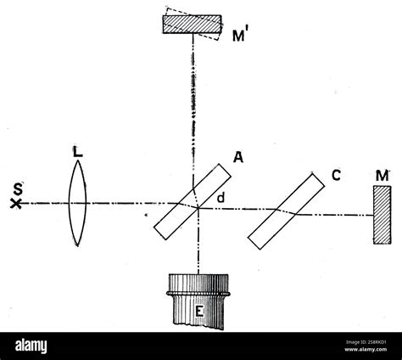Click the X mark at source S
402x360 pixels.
(x=16, y=204)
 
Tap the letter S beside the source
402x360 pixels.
(x=18, y=189)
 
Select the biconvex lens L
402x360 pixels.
(x=78, y=203)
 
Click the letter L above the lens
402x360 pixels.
(x=77, y=151)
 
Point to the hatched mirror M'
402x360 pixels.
(x=192, y=25)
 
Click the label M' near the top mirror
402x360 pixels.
(x=238, y=35)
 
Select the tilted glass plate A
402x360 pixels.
(x=193, y=202)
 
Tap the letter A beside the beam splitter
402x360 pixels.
(x=238, y=157)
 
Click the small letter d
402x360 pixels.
(x=221, y=198)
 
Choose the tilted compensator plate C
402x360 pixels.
(x=287, y=211)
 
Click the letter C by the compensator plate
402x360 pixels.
(x=336, y=176)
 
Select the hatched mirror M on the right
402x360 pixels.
(x=382, y=215)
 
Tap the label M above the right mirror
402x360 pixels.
(x=382, y=176)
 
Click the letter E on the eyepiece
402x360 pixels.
(x=199, y=312)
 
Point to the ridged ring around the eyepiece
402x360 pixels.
(x=198, y=294)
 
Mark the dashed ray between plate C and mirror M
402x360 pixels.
(x=335, y=216)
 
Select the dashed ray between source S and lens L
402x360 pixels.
(x=45, y=203)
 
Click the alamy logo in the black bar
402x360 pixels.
(x=31, y=346)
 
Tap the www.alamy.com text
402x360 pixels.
(x=366, y=349)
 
